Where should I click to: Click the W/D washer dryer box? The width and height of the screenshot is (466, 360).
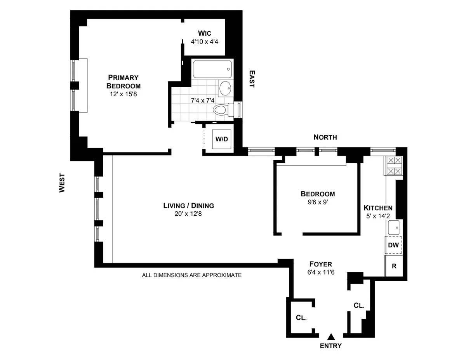(x=222, y=139)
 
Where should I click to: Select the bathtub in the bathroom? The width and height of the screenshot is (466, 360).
(x=212, y=69)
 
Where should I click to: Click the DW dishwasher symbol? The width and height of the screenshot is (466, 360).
(x=393, y=245)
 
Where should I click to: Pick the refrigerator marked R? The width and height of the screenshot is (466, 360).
(x=394, y=266)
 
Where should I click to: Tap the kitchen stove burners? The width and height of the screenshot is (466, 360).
(x=394, y=166)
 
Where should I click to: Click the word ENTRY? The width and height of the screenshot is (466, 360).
(x=331, y=346)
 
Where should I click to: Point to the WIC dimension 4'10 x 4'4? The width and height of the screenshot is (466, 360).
(x=205, y=42)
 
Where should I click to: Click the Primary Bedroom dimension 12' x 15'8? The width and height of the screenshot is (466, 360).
(x=123, y=93)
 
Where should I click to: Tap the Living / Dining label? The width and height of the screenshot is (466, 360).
(x=188, y=206)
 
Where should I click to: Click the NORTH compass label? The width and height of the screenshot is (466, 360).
(x=325, y=137)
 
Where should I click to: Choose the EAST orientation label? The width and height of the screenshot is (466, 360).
(x=252, y=79)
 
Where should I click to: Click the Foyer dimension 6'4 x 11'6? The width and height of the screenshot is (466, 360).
(x=320, y=272)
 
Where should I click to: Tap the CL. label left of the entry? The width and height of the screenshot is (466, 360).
(x=301, y=317)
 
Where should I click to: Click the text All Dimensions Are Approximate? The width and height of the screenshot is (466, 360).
(x=192, y=275)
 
